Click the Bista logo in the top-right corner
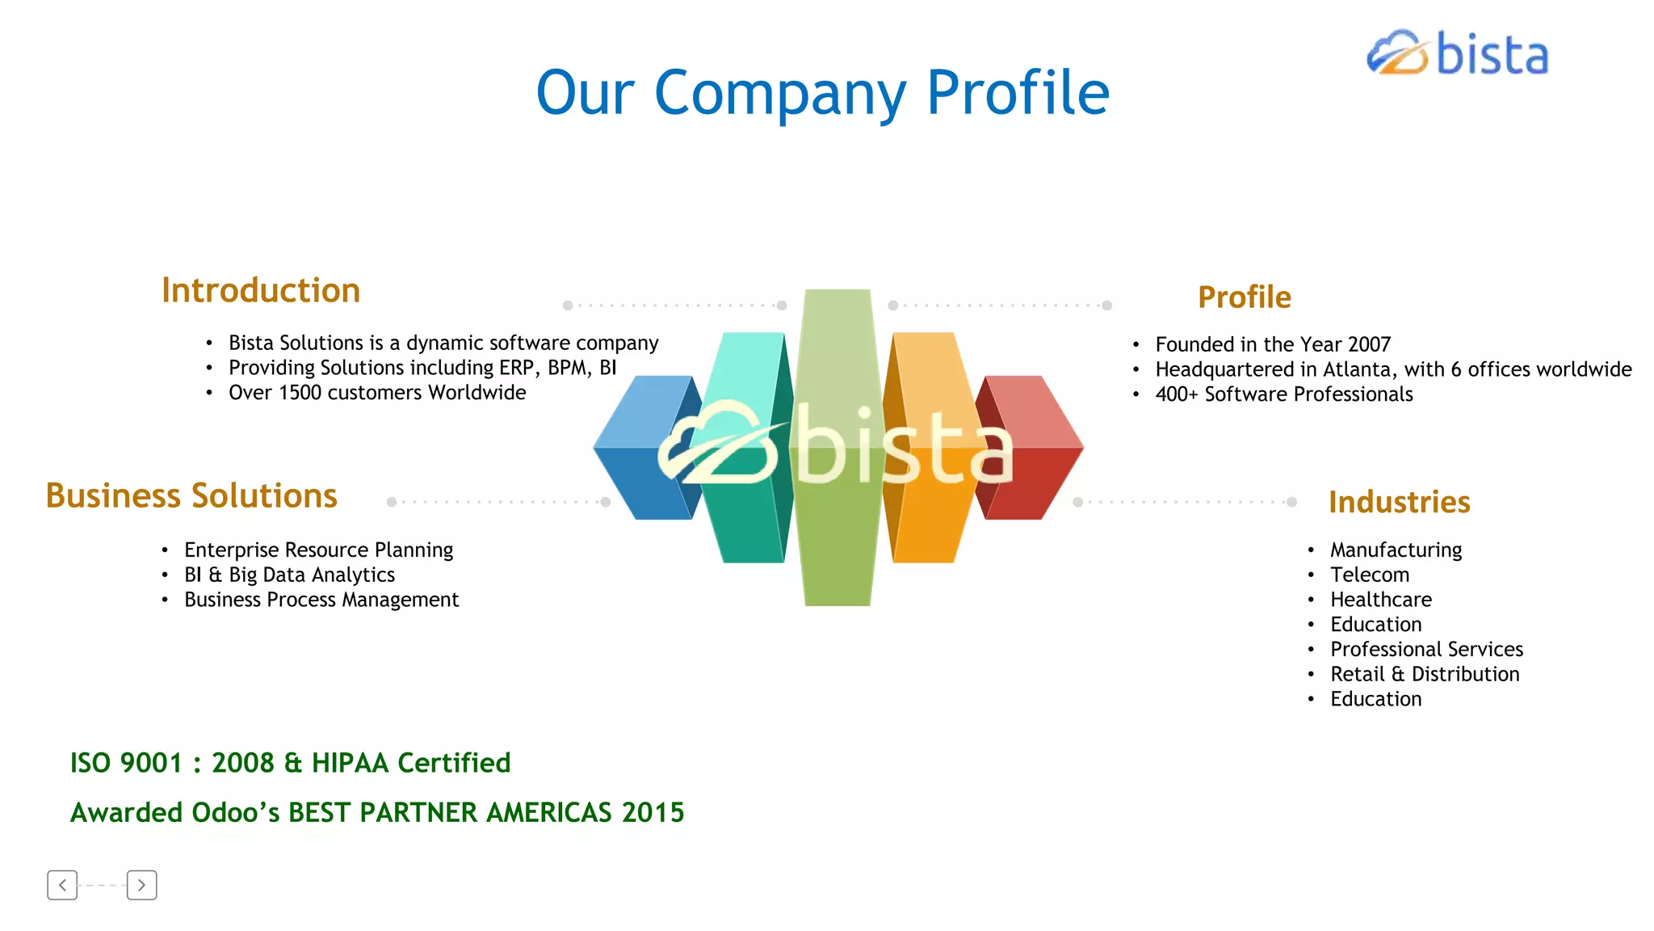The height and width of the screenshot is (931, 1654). coord(1458,54)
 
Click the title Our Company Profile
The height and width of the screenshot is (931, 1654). coord(822,93)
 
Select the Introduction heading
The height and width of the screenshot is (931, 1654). coord(261,291)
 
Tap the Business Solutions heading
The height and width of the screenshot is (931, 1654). coord(191,495)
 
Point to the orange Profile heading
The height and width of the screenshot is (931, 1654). coord(1245,297)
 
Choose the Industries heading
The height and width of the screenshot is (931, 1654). coord(1399,502)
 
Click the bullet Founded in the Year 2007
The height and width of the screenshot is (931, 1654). coord(1273,344)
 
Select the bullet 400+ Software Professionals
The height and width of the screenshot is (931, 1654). coord(1284,394)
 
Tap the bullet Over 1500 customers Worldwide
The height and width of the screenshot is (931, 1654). coord(377,393)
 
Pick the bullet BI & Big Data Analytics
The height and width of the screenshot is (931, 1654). coord(289,575)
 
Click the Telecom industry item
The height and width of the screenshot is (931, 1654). coord(1370,575)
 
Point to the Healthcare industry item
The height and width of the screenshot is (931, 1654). coord(1381,600)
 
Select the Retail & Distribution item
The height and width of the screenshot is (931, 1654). coord(1425,674)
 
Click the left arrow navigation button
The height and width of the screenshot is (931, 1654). coord(62,885)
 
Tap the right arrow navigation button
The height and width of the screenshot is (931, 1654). coord(141,885)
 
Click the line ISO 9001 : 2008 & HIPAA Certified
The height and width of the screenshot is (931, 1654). coord(290,763)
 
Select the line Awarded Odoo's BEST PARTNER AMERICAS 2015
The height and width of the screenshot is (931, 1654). coord(377,812)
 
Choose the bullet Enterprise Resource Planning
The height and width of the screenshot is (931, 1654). coord(318,550)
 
